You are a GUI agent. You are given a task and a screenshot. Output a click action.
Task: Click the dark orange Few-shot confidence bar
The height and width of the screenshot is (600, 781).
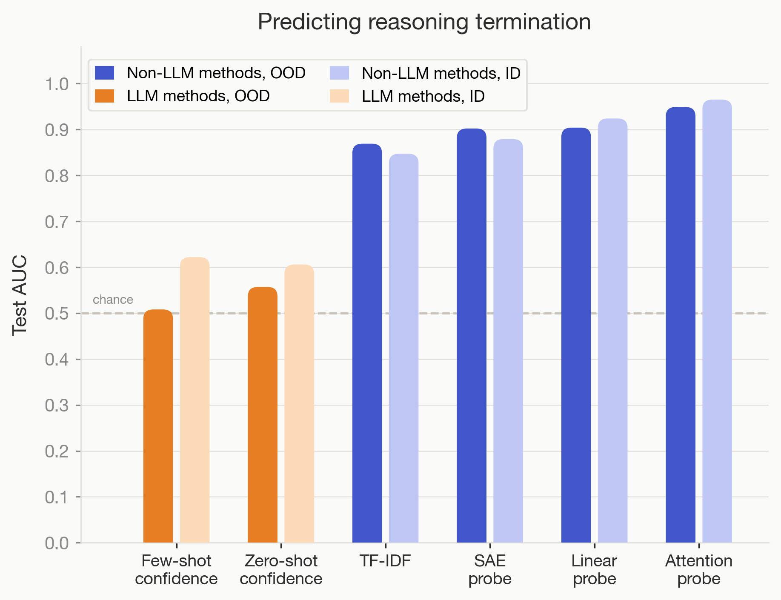[x=158, y=426]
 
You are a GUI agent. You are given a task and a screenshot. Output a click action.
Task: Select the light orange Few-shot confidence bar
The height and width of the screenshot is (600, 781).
[x=195, y=400]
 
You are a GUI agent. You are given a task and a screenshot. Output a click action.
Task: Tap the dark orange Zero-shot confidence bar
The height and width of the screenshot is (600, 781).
[x=262, y=415]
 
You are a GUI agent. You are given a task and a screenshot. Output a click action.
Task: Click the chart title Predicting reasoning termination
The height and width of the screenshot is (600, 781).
[x=424, y=22]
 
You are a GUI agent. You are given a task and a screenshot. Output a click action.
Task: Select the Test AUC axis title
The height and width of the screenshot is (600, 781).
[x=20, y=295]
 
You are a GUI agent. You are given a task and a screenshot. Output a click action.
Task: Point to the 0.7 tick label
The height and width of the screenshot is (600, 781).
[x=57, y=222]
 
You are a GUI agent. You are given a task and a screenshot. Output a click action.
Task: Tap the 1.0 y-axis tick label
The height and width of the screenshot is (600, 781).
[x=57, y=84]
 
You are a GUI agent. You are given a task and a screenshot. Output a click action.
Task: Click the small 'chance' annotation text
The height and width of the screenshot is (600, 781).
[x=113, y=300]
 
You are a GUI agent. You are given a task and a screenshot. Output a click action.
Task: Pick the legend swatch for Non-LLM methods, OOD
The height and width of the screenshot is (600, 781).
[x=104, y=73]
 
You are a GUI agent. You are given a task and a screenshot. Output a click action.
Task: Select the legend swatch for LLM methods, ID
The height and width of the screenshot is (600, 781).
[x=339, y=96]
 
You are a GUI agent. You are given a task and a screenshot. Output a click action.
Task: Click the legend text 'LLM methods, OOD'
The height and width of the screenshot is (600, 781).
[x=198, y=96]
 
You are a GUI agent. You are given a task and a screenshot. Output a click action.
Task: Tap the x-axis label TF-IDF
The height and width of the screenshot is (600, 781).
[x=385, y=561]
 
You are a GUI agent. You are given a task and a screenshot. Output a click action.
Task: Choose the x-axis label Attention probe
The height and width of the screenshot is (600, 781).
[x=698, y=570]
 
